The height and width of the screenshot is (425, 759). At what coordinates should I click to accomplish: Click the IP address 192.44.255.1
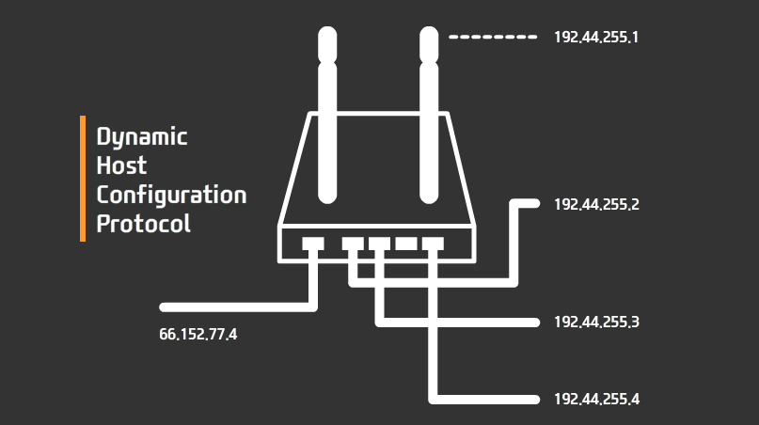click(596, 38)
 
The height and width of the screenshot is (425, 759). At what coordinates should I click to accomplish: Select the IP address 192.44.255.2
click(596, 204)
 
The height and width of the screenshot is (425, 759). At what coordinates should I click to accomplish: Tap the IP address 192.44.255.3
click(596, 322)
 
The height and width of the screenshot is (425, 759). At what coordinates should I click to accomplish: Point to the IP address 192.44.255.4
click(596, 399)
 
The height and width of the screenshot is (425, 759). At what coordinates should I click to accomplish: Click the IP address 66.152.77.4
click(198, 333)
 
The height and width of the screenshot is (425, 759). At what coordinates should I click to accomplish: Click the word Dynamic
click(142, 137)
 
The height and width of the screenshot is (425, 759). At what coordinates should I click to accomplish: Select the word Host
click(122, 165)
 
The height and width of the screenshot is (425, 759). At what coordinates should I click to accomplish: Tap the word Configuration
click(171, 196)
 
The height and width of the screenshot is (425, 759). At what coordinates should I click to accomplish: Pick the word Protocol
click(143, 225)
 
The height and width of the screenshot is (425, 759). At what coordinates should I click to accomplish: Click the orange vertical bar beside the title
click(83, 179)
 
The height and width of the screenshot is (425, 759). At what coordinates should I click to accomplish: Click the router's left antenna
click(326, 113)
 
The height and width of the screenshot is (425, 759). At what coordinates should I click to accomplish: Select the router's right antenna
click(430, 113)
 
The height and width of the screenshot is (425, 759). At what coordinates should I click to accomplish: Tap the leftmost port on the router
click(313, 244)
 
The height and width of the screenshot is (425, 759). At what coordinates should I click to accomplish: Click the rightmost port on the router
click(433, 244)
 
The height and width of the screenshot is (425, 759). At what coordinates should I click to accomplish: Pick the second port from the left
click(352, 244)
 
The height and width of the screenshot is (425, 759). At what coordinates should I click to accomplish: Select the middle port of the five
click(379, 244)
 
